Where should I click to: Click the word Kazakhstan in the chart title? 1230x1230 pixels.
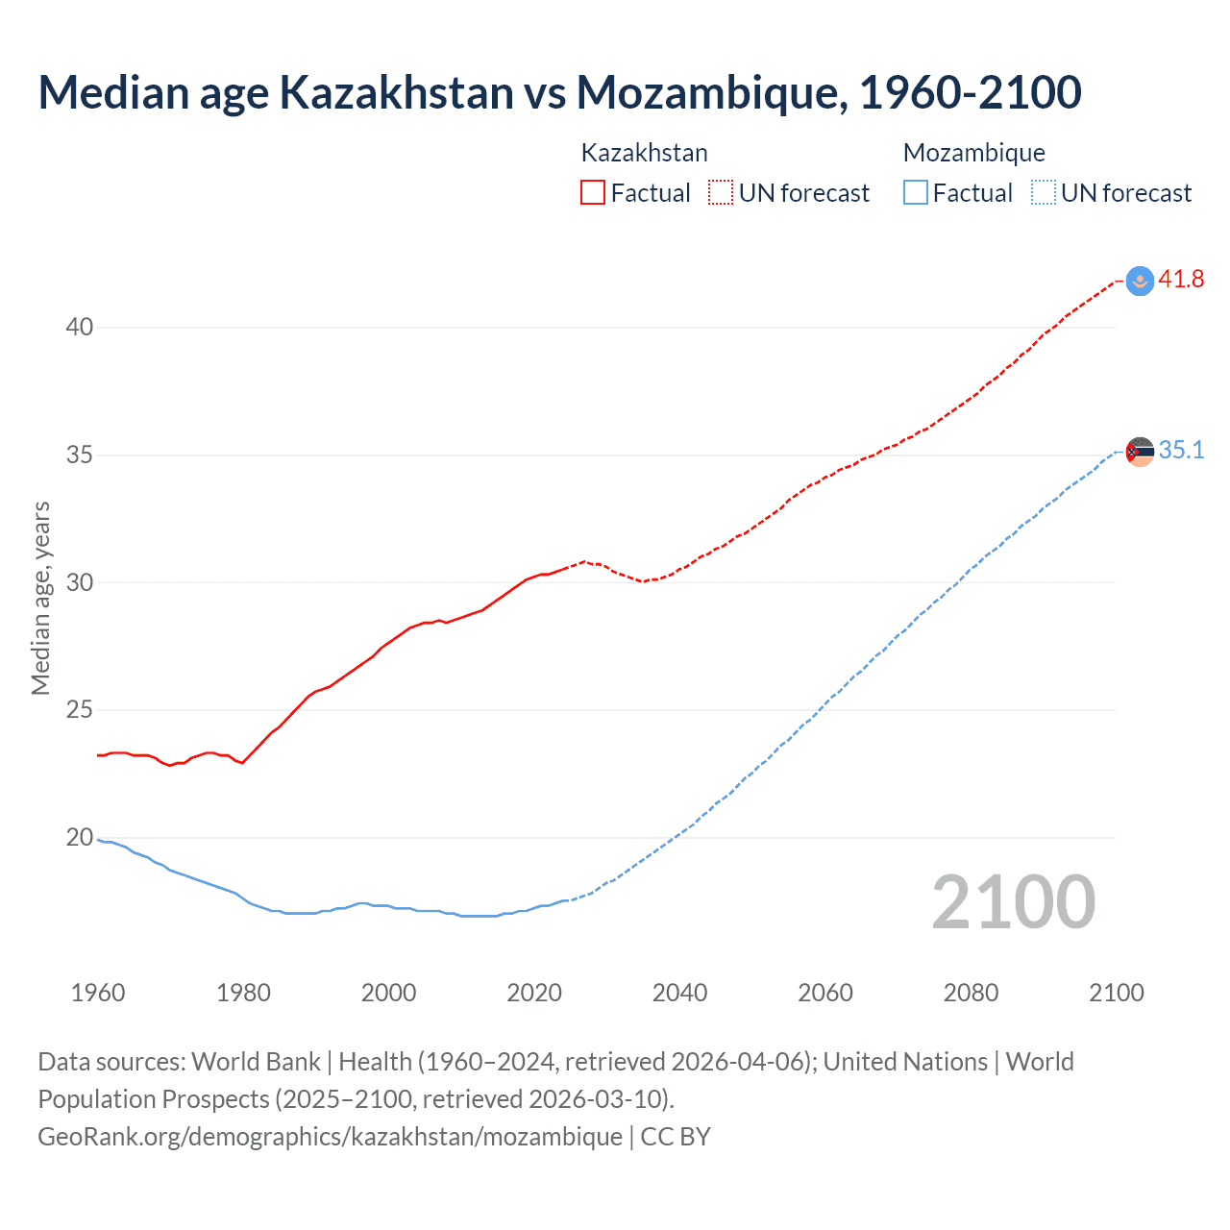[396, 92]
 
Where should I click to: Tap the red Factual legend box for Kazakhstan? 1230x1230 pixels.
[593, 193]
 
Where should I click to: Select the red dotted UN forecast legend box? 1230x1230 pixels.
[721, 193]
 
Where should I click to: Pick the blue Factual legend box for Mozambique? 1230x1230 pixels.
[915, 193]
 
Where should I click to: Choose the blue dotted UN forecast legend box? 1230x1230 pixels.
[1043, 193]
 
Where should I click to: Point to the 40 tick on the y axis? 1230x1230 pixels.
[80, 328]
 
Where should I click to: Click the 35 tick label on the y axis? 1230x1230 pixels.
[80, 455]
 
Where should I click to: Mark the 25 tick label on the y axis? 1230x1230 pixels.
[80, 710]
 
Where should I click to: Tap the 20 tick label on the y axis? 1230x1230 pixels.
[80, 838]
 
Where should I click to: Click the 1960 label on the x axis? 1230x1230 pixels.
[98, 993]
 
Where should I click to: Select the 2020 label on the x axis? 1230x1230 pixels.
[534, 993]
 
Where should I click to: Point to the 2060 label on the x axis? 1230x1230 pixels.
[825, 993]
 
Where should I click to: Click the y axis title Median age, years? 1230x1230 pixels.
[40, 598]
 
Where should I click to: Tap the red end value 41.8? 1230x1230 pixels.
[1181, 280]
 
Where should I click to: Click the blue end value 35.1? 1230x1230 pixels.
[1181, 451]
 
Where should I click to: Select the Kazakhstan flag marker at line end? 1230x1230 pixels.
[1140, 281]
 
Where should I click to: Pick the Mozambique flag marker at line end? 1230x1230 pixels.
[1140, 452]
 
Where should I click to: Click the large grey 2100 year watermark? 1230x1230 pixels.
[1013, 902]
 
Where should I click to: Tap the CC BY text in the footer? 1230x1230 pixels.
[676, 1137]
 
